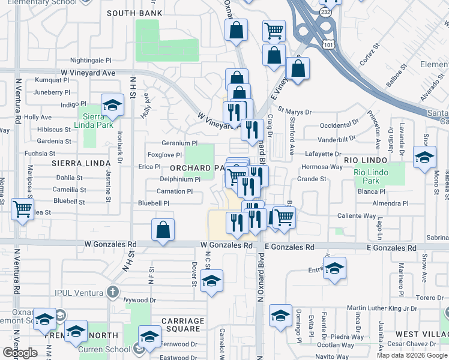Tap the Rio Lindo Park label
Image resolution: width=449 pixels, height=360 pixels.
pyautogui.click(x=367, y=176)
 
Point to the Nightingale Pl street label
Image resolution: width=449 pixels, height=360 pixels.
pyautogui.click(x=91, y=61)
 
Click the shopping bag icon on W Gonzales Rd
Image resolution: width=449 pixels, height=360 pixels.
pyautogui.click(x=163, y=230)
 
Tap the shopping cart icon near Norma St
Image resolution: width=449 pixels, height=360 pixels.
pyautogui.click(x=22, y=210)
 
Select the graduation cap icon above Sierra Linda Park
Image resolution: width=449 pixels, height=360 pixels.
pyautogui.click(x=112, y=106)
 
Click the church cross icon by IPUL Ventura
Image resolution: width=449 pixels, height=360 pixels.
pyautogui.click(x=112, y=292)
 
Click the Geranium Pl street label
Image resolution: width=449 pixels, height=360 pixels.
pyautogui.click(x=179, y=143)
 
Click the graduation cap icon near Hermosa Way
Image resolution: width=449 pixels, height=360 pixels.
pyautogui.click(x=424, y=158)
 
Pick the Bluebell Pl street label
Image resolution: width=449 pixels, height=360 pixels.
pyautogui.click(x=154, y=203)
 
